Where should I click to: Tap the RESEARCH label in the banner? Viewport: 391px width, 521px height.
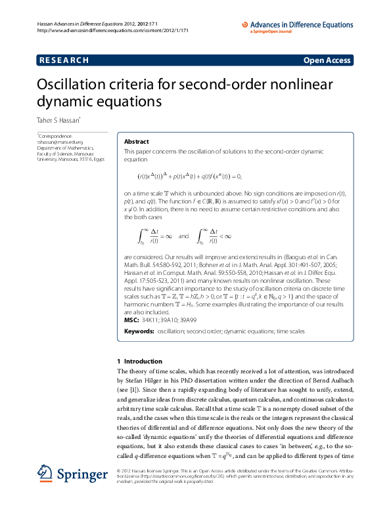pos(64,60)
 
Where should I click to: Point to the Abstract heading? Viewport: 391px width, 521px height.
pos(137,142)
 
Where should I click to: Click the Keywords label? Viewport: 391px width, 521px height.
pos(139,332)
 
